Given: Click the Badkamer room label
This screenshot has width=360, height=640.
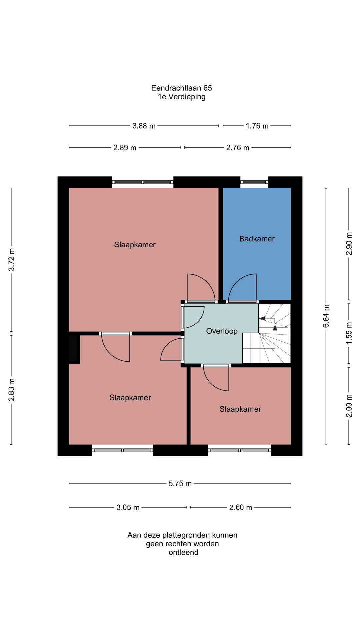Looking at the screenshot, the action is point(257,239).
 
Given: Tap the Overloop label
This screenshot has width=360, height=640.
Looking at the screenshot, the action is point(222,331).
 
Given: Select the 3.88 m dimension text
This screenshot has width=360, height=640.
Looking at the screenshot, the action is point(144,126).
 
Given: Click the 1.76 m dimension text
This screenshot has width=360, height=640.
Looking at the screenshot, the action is point(257,126).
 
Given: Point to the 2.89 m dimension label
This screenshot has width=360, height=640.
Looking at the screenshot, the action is point(125,148).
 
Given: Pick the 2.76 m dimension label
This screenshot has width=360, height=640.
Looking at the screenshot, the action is point(238,148).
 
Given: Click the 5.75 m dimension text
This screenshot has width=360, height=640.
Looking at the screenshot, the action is point(180,484).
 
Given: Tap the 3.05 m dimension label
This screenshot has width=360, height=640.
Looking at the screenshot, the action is point(128,508).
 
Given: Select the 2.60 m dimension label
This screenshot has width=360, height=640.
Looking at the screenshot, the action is point(241,508).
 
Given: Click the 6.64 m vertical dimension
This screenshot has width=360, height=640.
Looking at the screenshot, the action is point(326,316).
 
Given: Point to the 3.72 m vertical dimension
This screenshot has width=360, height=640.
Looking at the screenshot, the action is point(12,260).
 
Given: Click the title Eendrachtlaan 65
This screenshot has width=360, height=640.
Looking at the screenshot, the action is point(181,88).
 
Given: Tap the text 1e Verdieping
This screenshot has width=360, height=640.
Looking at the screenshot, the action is point(182,97).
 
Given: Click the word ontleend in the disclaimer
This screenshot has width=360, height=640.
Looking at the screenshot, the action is point(183,552).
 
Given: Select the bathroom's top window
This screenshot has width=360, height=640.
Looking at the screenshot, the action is point(254,182).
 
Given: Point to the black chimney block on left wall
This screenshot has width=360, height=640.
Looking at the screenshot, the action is point(74,348).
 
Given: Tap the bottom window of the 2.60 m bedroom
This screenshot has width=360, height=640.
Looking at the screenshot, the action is point(240,450).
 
